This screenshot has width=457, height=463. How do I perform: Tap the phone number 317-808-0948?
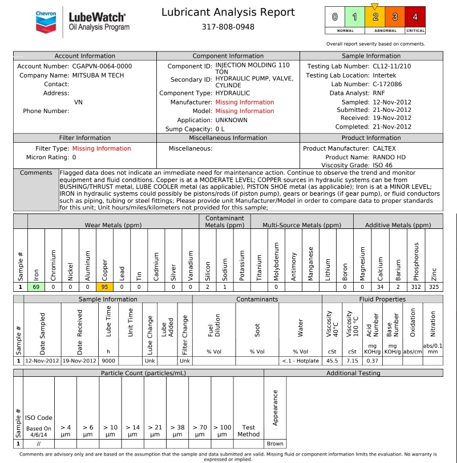pos(228,27)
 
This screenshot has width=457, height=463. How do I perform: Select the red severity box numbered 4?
pos(415,17)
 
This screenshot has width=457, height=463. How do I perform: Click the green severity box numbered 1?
pos(354,17)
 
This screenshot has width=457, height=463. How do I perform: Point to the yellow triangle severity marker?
pos(374,6)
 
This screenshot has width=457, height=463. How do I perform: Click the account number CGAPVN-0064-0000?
pos(102,66)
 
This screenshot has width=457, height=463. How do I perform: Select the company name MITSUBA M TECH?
pos(98,75)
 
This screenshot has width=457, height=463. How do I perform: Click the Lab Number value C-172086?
pos(387,84)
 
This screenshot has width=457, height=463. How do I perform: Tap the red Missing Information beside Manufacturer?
pos(245,102)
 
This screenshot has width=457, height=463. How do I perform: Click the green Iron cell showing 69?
pos(36,287)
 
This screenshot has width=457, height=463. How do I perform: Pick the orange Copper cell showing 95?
pos(104,287)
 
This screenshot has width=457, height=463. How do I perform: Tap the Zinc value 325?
pos(434,287)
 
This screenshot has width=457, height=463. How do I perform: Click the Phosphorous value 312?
pos(415,287)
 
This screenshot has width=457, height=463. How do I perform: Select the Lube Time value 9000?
pos(108,361)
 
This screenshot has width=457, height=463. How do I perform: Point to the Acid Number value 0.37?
pos(373,361)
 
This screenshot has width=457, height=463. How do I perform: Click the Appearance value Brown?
pos(275,444)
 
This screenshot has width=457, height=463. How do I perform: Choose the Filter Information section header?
pos(85,138)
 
